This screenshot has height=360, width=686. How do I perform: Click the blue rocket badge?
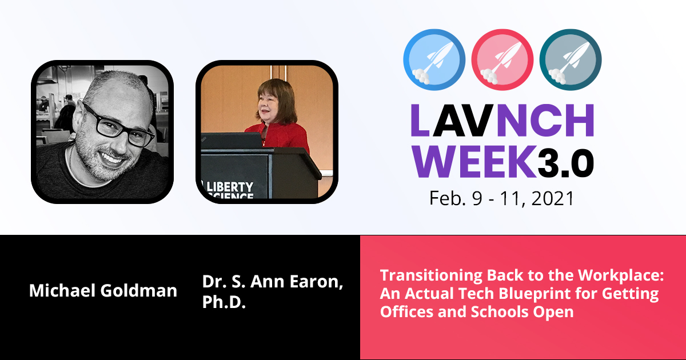(x=434, y=59)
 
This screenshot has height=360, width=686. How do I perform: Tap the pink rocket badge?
(x=502, y=59)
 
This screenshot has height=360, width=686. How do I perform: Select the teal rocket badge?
(x=571, y=59)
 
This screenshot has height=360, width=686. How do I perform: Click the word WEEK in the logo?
(x=474, y=161)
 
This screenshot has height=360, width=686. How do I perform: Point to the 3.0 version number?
(x=566, y=163)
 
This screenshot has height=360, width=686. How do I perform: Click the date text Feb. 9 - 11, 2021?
(x=501, y=198)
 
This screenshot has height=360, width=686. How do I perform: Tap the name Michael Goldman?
(x=103, y=290)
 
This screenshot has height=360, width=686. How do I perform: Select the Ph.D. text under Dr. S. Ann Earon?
(x=224, y=302)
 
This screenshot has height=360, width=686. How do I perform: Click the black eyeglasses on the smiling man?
(x=119, y=125)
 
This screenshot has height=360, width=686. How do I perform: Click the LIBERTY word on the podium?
(x=230, y=187)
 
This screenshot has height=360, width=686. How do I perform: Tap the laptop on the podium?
(x=232, y=141)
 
